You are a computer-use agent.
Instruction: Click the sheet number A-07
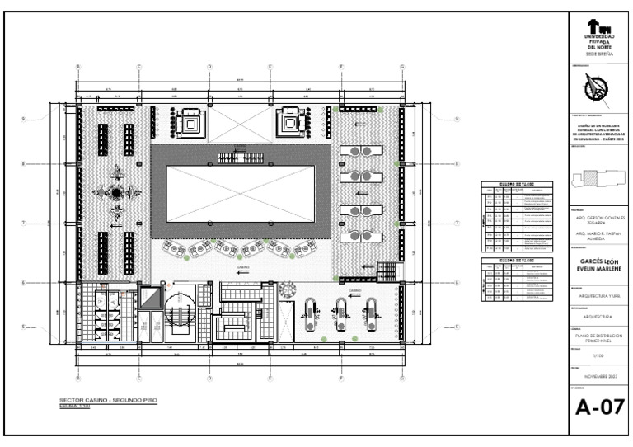598,407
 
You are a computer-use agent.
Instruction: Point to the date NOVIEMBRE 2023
599,377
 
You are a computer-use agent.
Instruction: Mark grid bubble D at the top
209,67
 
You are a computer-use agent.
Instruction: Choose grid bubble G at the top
402,67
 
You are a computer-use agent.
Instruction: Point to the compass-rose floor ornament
116,192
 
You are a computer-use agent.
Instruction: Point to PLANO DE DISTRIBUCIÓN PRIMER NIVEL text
599,337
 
